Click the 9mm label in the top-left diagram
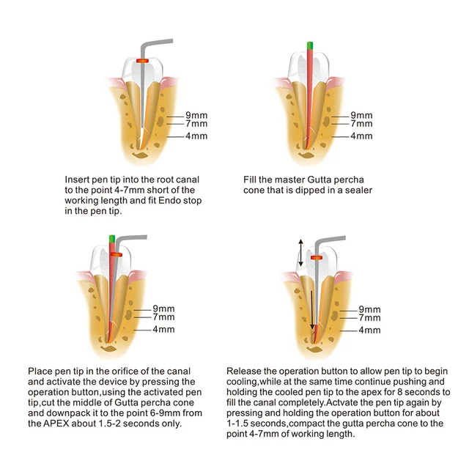[196, 116]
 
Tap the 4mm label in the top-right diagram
[361, 136]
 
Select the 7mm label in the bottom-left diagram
[163, 317]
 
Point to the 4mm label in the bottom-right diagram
[369, 330]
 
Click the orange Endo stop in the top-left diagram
[142, 60]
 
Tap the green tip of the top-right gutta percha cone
[311, 46]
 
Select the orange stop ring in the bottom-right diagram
[317, 258]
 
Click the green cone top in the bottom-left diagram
[111, 238]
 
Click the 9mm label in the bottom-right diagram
[369, 309]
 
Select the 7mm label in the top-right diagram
[361, 125]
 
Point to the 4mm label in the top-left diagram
[196, 136]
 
